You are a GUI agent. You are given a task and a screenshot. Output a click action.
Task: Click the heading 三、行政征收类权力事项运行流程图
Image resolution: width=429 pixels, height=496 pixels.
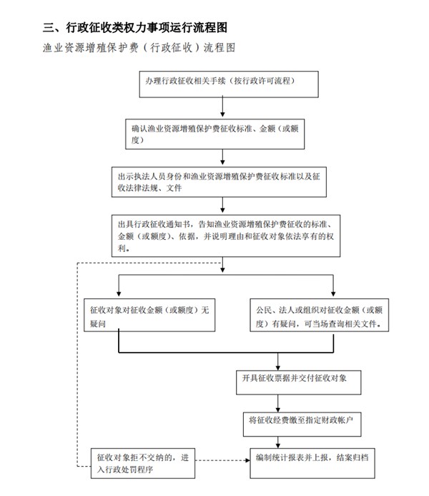point(135,27)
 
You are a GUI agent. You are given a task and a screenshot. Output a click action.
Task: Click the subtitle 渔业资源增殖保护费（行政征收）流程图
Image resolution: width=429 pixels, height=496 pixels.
point(139,47)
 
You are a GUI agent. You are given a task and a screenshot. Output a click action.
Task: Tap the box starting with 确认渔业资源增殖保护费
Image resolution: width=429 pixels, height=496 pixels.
point(214,134)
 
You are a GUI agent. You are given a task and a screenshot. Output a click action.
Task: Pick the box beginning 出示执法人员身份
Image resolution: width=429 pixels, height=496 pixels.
point(219,183)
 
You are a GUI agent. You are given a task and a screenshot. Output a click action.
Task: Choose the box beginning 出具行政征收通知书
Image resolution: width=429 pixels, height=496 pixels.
point(226,236)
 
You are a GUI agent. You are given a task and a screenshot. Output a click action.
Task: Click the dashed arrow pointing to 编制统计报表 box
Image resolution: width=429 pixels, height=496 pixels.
point(222,460)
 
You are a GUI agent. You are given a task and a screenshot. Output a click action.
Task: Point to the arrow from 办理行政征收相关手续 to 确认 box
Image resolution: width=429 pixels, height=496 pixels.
point(222,107)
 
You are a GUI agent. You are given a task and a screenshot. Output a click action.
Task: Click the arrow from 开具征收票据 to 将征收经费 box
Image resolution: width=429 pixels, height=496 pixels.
point(278,404)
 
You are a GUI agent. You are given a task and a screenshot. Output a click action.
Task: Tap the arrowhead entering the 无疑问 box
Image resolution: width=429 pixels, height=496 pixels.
point(119,294)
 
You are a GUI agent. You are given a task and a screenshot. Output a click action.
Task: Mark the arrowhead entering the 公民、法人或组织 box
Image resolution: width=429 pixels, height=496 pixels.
point(333,294)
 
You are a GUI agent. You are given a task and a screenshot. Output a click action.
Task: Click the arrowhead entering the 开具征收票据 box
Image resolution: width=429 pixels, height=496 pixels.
point(278,368)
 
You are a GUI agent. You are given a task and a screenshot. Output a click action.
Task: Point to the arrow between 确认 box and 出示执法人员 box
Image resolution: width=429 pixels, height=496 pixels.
point(222,157)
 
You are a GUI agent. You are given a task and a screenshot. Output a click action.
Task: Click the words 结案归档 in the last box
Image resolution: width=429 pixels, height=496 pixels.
point(352,457)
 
